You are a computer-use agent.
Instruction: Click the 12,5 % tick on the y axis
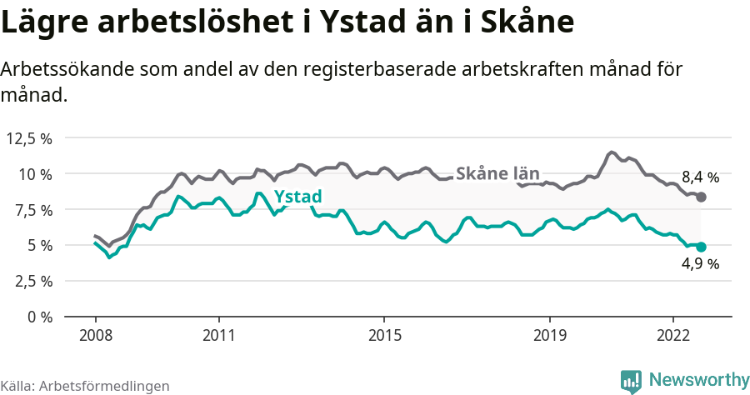tap(29, 138)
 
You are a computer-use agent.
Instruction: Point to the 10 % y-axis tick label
tap(35, 174)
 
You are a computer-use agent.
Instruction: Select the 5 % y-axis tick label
tap(39, 245)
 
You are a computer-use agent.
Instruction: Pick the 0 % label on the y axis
tap(39, 317)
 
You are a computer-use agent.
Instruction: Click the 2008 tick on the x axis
tap(95, 335)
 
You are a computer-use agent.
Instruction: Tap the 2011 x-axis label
tap(218, 335)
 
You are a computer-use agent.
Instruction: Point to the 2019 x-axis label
tap(549, 335)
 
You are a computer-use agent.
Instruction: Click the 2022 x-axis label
tap(673, 335)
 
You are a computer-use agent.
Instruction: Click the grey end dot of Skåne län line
tap(701, 197)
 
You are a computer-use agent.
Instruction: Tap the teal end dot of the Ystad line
tap(701, 247)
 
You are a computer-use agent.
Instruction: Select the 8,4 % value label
tap(700, 177)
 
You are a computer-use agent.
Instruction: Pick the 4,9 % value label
tap(700, 264)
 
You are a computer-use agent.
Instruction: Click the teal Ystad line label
tap(297, 197)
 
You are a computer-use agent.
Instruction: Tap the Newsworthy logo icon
tap(631, 380)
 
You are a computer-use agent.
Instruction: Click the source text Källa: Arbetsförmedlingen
tap(85, 386)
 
